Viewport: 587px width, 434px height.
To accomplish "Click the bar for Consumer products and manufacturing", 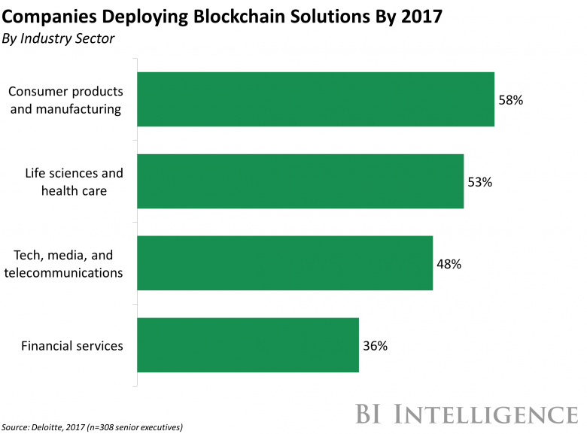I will [315, 99].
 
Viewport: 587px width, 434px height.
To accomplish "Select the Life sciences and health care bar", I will [300, 181].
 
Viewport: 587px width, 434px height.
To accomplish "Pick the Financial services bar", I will [248, 345].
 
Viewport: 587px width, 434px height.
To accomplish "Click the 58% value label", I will [510, 99].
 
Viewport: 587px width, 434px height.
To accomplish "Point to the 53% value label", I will [479, 181].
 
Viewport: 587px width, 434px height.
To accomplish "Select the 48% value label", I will [449, 264].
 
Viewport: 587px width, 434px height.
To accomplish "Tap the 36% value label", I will [375, 346].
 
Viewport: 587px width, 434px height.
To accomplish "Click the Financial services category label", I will [72, 346].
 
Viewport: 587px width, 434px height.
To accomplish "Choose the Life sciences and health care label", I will [74, 181].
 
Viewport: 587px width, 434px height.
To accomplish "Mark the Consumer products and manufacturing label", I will [65, 100].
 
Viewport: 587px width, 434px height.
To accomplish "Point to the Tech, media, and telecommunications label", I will [63, 264].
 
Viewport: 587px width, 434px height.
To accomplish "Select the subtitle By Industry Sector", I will [59, 38].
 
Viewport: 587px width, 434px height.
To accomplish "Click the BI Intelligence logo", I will [467, 414].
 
